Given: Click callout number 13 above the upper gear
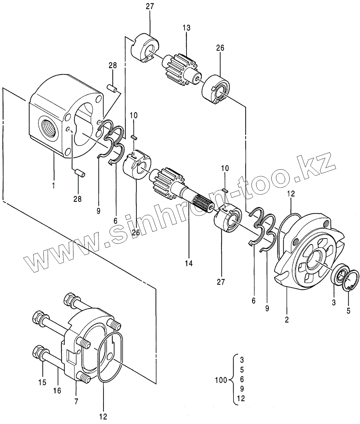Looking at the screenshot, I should click(187, 28).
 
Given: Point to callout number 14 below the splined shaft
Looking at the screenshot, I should click(189, 263).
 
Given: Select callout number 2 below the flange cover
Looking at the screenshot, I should click(287, 320).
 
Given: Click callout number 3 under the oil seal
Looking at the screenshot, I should click(334, 303).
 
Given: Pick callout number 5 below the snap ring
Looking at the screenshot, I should click(349, 311).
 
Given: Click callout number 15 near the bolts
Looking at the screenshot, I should click(42, 382).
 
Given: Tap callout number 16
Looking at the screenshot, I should click(57, 390).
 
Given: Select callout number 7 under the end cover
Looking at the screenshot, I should click(76, 401).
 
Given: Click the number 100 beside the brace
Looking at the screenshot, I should click(221, 380).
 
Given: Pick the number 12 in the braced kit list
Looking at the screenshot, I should click(241, 399).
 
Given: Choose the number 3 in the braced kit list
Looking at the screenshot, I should click(242, 360).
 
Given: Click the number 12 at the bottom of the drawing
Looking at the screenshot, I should click(103, 416).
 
